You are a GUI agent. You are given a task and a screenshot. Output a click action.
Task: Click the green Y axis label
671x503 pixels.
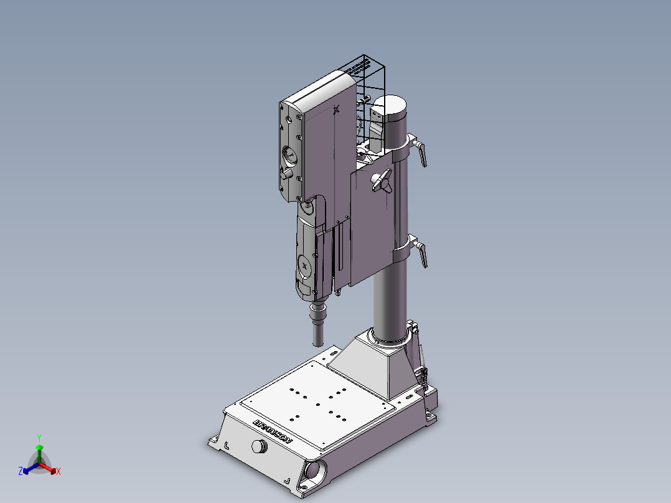(x=39, y=438)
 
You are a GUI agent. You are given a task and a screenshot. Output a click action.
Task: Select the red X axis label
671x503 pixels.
(x=59, y=472)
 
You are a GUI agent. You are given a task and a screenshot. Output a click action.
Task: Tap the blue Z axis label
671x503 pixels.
(x=21, y=471)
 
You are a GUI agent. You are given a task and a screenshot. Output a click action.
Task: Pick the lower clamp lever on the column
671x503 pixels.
(x=421, y=254)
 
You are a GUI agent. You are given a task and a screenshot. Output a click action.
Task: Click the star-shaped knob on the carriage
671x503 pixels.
(x=380, y=182)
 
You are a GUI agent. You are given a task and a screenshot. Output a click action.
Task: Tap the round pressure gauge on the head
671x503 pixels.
(x=290, y=154)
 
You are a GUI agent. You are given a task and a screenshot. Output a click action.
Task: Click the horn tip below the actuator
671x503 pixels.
(x=317, y=336)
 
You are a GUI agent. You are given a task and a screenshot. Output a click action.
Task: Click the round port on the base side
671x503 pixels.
(x=312, y=470)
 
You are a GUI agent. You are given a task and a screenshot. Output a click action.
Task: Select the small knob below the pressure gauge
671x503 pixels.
(x=286, y=175)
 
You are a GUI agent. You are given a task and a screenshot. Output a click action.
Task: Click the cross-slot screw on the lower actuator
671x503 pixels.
(x=304, y=266)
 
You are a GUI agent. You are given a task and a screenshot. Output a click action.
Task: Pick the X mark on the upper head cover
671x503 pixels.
(x=337, y=111)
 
